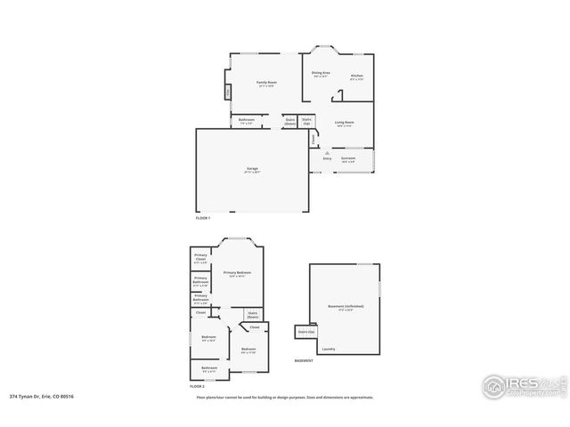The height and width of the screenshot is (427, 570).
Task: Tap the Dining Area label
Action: (x=322, y=73)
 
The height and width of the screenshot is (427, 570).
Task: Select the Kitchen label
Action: (x=356, y=76)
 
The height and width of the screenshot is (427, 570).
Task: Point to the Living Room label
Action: (x=345, y=122)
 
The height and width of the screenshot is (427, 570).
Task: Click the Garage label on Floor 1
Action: (x=252, y=168)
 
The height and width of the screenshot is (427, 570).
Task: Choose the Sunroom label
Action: (x=347, y=157)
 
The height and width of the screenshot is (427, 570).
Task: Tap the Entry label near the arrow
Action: (x=327, y=158)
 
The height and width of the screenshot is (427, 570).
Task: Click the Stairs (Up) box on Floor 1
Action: (x=307, y=121)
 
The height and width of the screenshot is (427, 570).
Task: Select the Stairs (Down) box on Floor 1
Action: (x=290, y=122)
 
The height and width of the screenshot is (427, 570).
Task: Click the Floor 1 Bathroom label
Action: (x=247, y=120)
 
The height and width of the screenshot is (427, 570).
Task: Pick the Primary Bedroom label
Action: (x=237, y=272)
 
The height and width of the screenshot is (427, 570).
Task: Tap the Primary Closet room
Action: (x=200, y=260)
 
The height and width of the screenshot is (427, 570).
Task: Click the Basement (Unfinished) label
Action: (x=346, y=306)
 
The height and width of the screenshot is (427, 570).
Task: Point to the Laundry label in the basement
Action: (x=329, y=348)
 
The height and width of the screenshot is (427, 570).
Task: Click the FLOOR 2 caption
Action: (x=197, y=387)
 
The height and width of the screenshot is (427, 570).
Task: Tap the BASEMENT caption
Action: (x=304, y=360)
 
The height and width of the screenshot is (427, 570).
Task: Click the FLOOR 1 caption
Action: (x=203, y=217)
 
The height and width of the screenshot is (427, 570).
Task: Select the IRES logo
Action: (x=520, y=385)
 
